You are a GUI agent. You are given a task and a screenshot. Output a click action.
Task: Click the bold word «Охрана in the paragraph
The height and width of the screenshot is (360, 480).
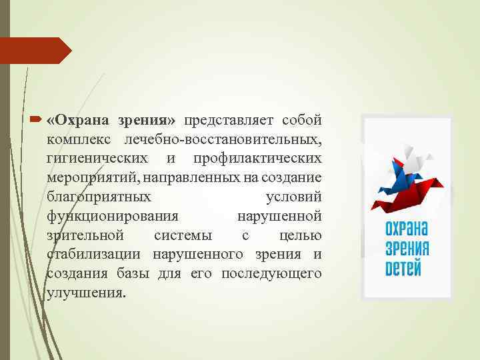pyautogui.click(x=80, y=121)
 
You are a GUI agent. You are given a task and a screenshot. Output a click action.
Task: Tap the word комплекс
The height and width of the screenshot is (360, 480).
pyautogui.click(x=77, y=140)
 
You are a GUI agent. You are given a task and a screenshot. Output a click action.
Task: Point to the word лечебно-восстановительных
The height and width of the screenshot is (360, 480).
pyautogui.click(x=224, y=140)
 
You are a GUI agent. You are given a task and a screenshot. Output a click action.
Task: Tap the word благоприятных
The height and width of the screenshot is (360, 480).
pyautogui.click(x=99, y=197)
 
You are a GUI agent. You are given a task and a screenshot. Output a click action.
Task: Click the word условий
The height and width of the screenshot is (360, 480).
pyautogui.click(x=294, y=197)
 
